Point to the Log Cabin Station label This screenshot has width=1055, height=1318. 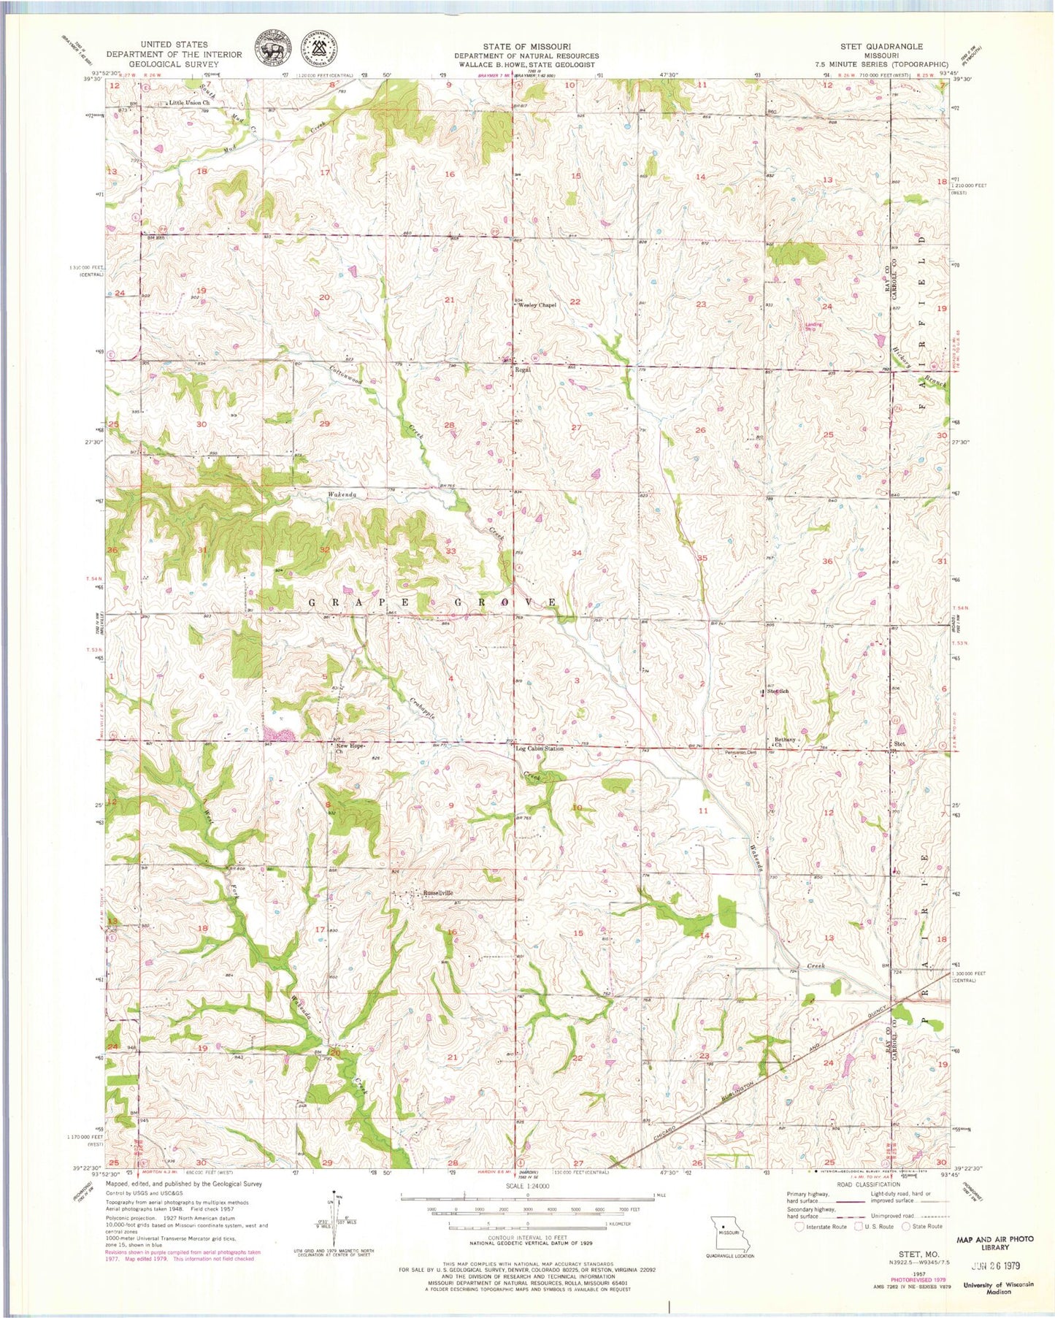[x=540, y=749]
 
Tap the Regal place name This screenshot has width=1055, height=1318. [x=523, y=369]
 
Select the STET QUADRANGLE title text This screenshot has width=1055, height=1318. [x=883, y=46]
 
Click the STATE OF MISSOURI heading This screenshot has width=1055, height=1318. [x=526, y=46]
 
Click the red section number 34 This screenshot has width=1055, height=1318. [x=577, y=553]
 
